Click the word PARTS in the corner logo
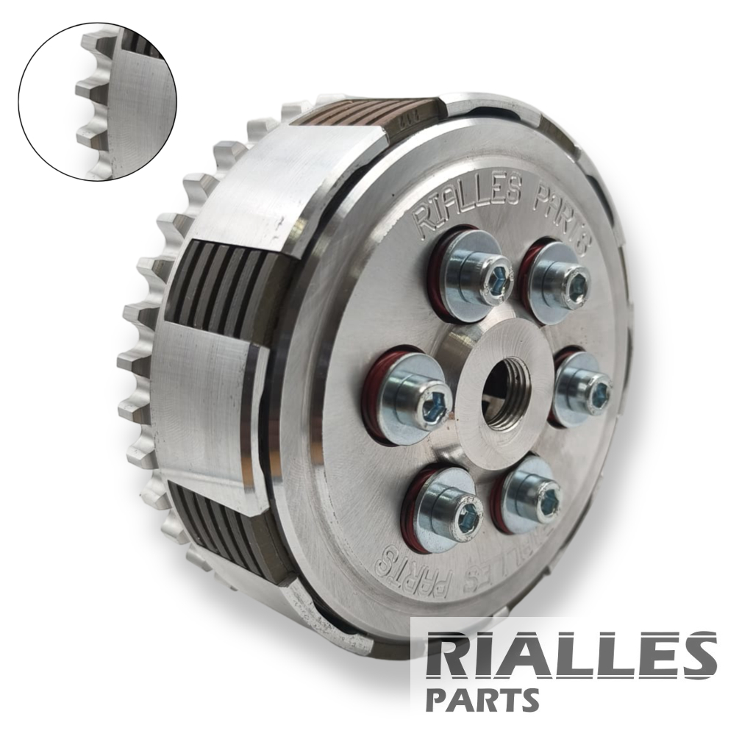482,699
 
